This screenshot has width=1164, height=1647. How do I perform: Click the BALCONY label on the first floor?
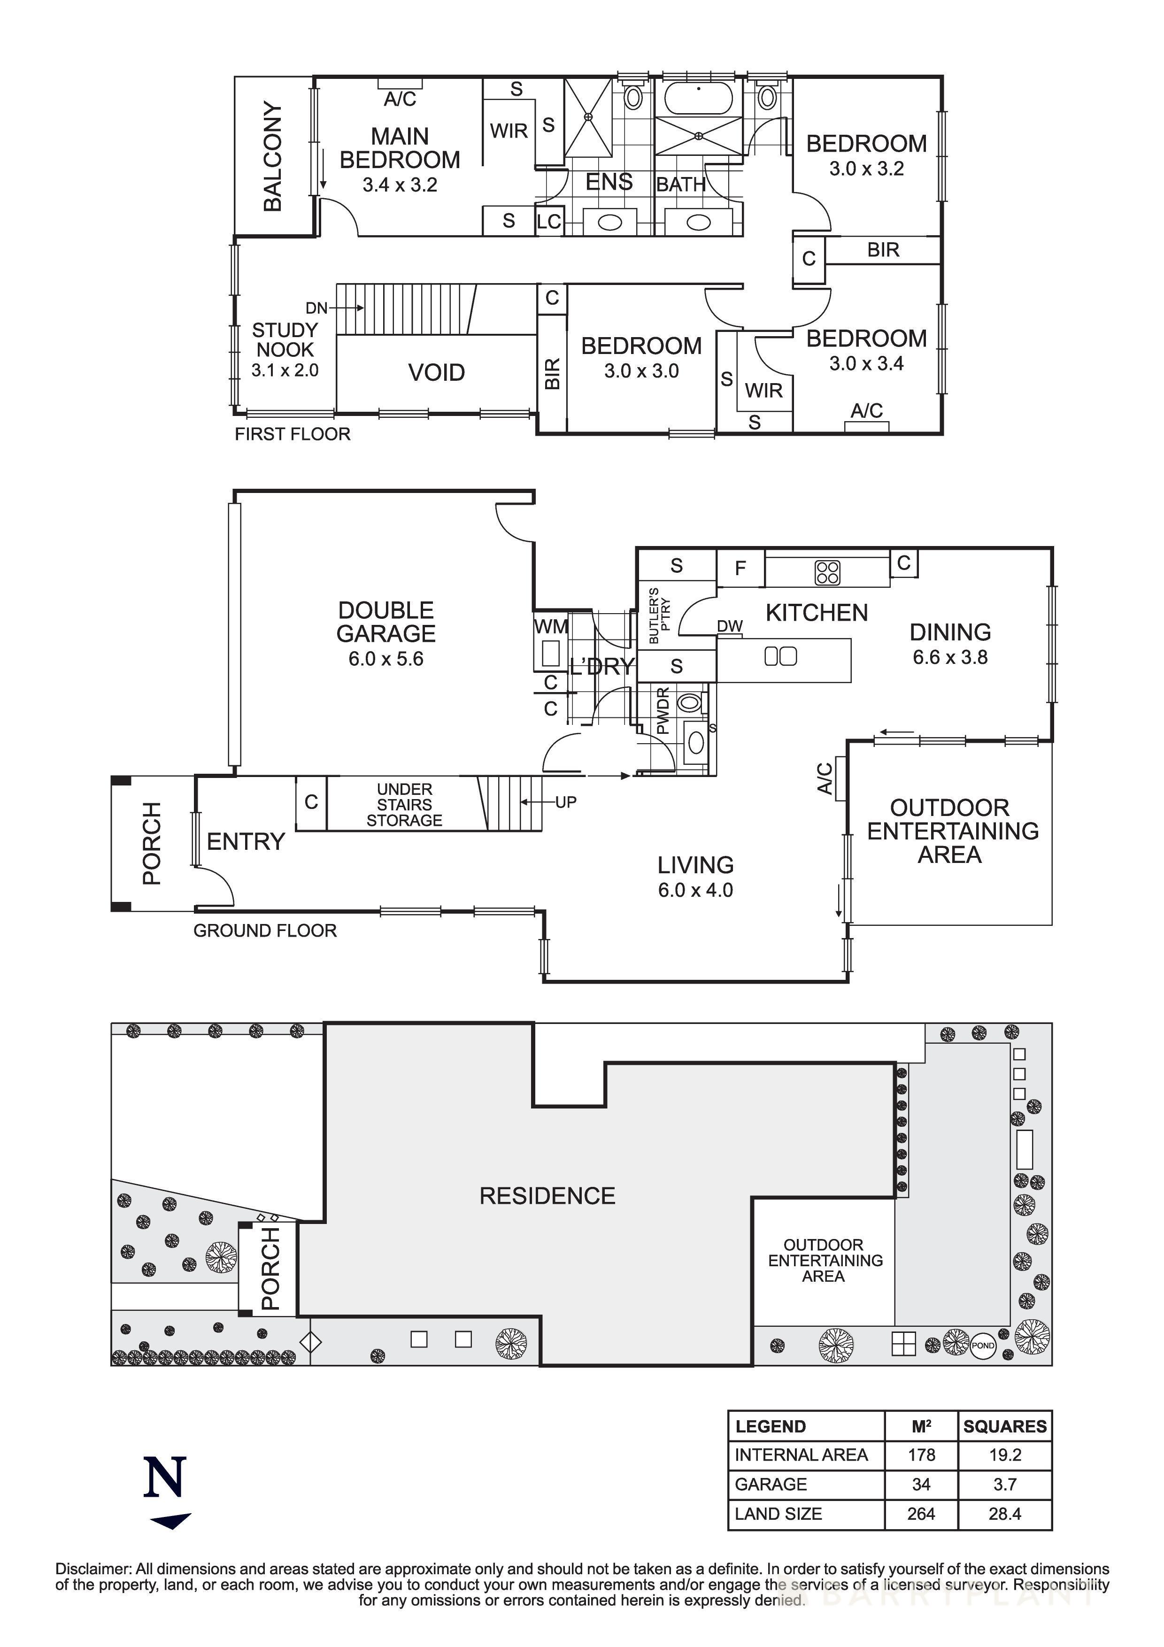[272, 156]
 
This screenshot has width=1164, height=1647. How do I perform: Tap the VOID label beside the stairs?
[436, 372]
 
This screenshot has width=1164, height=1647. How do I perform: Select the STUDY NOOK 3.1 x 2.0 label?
[285, 350]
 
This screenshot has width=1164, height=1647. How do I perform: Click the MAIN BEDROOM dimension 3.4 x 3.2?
[400, 185]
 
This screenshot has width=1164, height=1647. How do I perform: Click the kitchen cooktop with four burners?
[827, 572]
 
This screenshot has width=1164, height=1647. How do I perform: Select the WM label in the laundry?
[551, 627]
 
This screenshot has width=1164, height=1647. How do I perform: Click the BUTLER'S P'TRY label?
[658, 616]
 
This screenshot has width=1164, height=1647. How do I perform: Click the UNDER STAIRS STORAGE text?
[404, 804]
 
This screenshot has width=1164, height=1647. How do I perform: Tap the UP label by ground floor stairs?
[565, 802]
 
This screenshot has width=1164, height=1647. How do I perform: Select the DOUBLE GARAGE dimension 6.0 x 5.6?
[386, 659]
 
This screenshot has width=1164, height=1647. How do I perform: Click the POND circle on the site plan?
[983, 1345]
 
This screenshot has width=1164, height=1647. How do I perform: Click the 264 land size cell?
[921, 1514]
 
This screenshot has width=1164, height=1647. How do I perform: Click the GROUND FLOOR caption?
[265, 931]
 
